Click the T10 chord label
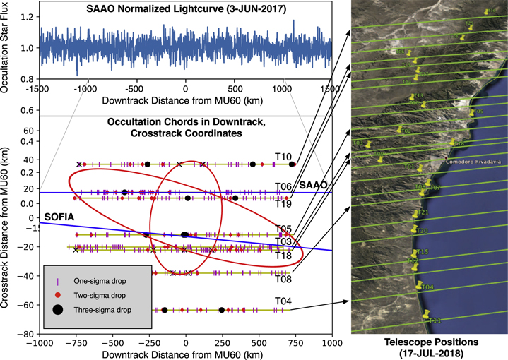[x=283, y=156]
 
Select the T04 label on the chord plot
[x=283, y=301]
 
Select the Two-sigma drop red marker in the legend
[x=57, y=293]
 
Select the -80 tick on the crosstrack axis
[x=25, y=334]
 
